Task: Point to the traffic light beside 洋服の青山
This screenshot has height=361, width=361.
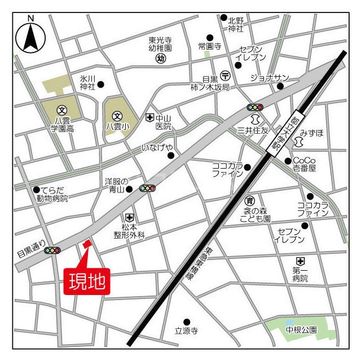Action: coord(148,188)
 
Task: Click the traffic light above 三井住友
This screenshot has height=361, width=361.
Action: coord(255,107)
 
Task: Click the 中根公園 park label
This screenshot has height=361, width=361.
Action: coord(301,329)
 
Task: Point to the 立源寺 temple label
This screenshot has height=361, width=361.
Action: coord(186,331)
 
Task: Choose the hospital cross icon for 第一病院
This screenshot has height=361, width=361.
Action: coord(300,261)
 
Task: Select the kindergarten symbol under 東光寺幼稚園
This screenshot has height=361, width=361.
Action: coord(160,58)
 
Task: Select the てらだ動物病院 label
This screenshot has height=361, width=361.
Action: coord(52,194)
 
